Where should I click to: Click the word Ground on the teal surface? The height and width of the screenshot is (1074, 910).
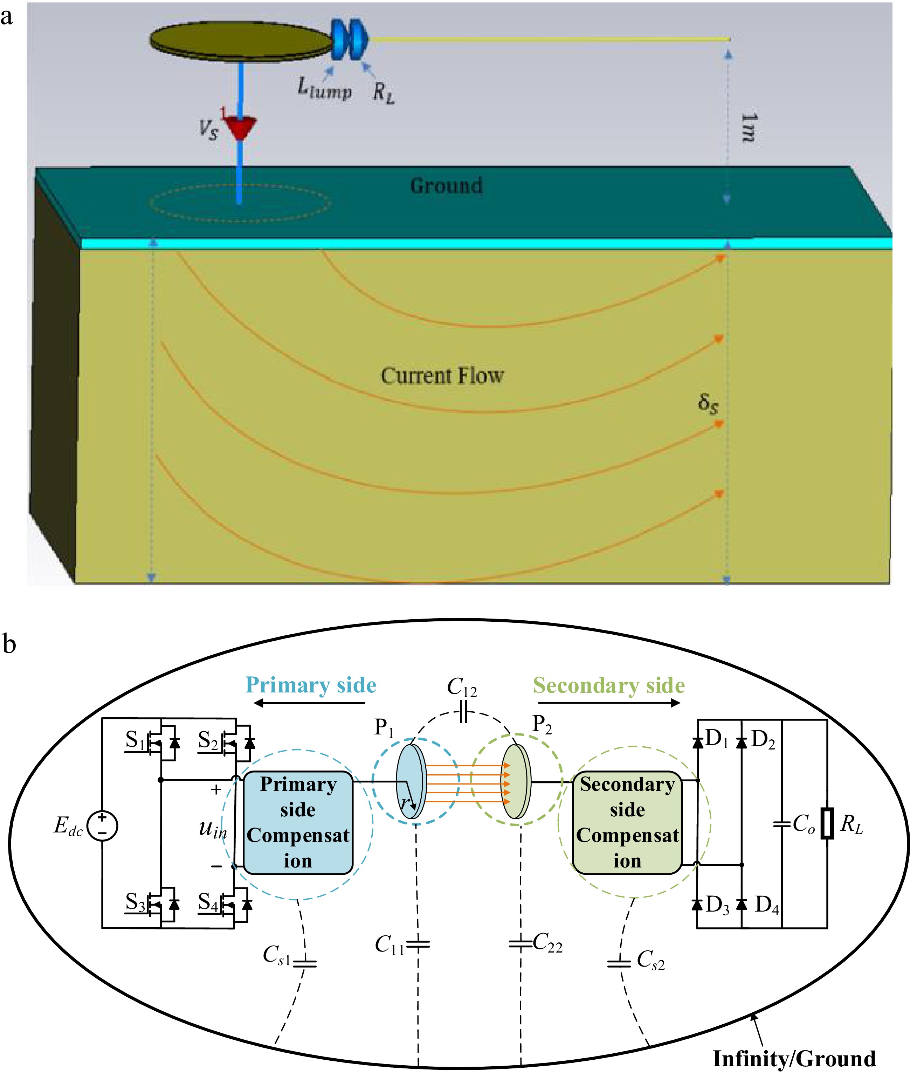coord(446,186)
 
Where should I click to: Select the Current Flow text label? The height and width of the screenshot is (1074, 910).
coord(442,376)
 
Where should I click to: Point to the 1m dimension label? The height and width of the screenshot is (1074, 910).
coord(748,127)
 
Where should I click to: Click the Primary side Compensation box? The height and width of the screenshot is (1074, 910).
coord(298,822)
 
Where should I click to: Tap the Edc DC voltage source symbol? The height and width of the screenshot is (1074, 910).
coord(102,825)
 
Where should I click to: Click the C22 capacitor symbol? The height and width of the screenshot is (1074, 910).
coord(521,944)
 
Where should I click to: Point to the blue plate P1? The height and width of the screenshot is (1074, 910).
coord(411,781)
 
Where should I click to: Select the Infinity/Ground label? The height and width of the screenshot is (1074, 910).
coord(794,1059)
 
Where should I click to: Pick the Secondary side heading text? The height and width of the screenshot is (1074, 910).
coord(609,686)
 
